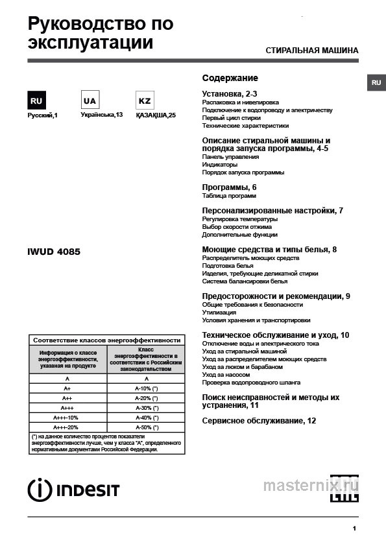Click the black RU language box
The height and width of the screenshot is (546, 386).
point(36,101)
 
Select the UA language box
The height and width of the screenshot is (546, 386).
point(90,101)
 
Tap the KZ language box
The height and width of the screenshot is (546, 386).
point(144,101)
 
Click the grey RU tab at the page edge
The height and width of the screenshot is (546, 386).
point(376,83)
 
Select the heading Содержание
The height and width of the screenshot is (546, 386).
point(230,78)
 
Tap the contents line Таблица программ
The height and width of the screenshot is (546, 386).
point(229,196)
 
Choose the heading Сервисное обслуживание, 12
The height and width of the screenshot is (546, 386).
point(259,421)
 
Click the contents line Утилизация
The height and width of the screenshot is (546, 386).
point(219,312)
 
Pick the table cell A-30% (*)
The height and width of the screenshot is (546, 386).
point(147,408)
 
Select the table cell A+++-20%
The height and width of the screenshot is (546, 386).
point(66,427)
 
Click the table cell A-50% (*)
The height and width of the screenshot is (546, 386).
point(147,427)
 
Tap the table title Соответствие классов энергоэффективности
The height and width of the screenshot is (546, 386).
point(106,340)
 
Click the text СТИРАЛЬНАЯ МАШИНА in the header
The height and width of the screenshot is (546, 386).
point(311,51)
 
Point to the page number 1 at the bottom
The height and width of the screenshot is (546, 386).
point(354,529)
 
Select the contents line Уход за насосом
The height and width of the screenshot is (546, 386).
point(226,375)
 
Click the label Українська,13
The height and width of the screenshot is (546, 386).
point(101,115)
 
